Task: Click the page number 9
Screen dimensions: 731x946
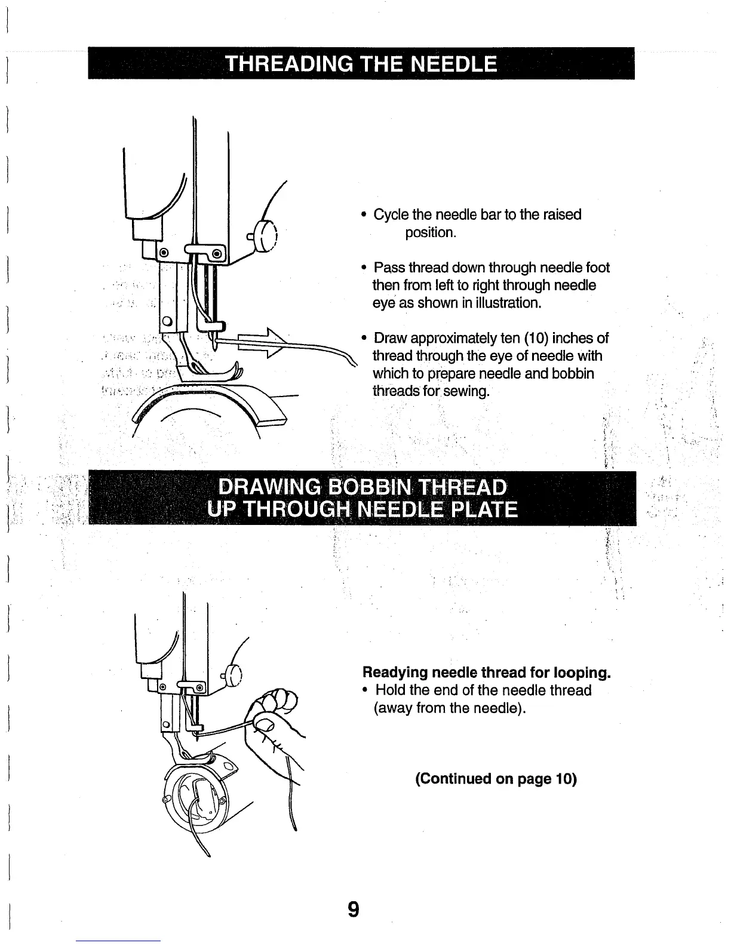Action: [354, 910]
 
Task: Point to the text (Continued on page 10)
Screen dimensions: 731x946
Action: [496, 779]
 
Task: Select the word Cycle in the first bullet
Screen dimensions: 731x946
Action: [391, 214]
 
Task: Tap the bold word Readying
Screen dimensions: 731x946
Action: [395, 672]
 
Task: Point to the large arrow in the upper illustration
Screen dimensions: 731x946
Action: [251, 343]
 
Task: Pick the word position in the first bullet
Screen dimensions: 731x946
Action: [430, 232]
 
